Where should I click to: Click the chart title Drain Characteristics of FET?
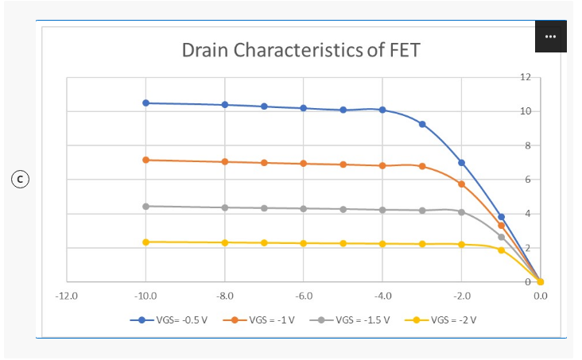click(301, 50)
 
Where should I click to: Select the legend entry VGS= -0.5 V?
click(169, 320)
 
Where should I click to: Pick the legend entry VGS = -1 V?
click(258, 320)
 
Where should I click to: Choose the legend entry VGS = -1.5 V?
click(350, 320)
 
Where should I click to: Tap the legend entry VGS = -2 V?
click(440, 320)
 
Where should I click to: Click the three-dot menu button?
click(550, 37)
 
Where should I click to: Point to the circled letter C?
click(20, 180)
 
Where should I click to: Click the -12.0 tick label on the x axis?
click(67, 296)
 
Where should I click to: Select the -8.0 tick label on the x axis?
click(225, 296)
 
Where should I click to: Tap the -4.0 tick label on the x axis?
click(382, 296)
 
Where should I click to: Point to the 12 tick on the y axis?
click(526, 77)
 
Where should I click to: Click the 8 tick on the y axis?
click(528, 145)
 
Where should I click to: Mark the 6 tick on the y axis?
click(528, 180)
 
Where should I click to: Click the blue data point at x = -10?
click(145, 103)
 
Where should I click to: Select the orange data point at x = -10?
click(145, 160)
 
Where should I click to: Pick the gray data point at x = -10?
click(145, 207)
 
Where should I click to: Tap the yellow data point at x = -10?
click(145, 242)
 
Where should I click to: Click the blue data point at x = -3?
click(422, 124)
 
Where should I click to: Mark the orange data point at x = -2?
click(462, 184)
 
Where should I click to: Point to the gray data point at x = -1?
click(502, 237)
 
